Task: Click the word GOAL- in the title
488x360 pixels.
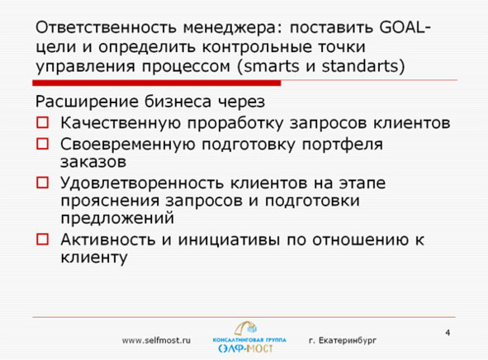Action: pyautogui.click(x=405, y=27)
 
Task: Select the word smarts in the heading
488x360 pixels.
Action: pyautogui.click(x=272, y=66)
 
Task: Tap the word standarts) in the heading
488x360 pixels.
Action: pyautogui.click(x=363, y=66)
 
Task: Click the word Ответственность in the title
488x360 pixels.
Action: pyautogui.click(x=107, y=27)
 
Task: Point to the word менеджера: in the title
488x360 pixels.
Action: pyautogui.click(x=233, y=28)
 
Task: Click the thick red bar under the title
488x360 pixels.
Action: pyautogui.click(x=157, y=83)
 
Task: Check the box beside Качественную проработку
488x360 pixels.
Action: pyautogui.click(x=42, y=122)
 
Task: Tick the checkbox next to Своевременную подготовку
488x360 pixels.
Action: pyautogui.click(x=42, y=144)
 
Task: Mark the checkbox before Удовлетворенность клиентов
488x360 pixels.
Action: pyautogui.click(x=42, y=182)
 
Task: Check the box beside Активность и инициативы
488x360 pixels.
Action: pyautogui.click(x=42, y=239)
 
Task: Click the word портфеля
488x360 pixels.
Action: pyautogui.click(x=343, y=145)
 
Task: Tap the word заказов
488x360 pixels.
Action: pyautogui.click(x=93, y=162)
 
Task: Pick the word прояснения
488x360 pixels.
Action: pyautogui.click(x=110, y=201)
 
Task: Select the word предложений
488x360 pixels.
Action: pyautogui.click(x=117, y=219)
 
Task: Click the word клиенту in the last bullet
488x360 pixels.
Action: pyautogui.click(x=94, y=258)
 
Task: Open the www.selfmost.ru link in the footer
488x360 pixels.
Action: pyautogui.click(x=156, y=340)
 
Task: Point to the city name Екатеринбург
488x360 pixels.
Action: pyautogui.click(x=348, y=341)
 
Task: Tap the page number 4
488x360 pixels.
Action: pyautogui.click(x=448, y=333)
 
